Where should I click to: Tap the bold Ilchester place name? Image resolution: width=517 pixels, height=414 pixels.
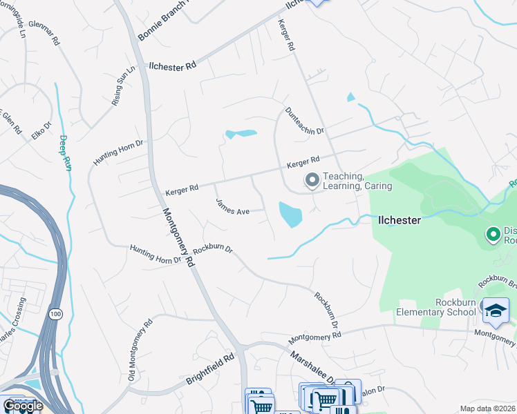pyautogui.click(x=399, y=220)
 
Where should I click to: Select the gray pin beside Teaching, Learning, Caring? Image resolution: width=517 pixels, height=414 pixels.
pyautogui.click(x=312, y=181)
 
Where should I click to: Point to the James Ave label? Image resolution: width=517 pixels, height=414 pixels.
pyautogui.click(x=232, y=207)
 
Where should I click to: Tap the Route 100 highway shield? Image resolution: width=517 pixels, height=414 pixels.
pyautogui.click(x=55, y=314)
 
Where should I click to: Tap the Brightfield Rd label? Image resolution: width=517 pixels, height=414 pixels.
pyautogui.click(x=211, y=371)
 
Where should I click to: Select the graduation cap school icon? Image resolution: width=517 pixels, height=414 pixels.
pyautogui.click(x=495, y=312)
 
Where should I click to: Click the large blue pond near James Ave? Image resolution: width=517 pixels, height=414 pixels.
pyautogui.click(x=290, y=215)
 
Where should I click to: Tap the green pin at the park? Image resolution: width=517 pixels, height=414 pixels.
pyautogui.click(x=493, y=235)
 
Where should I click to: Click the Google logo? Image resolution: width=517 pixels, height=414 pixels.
pyautogui.click(x=22, y=406)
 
